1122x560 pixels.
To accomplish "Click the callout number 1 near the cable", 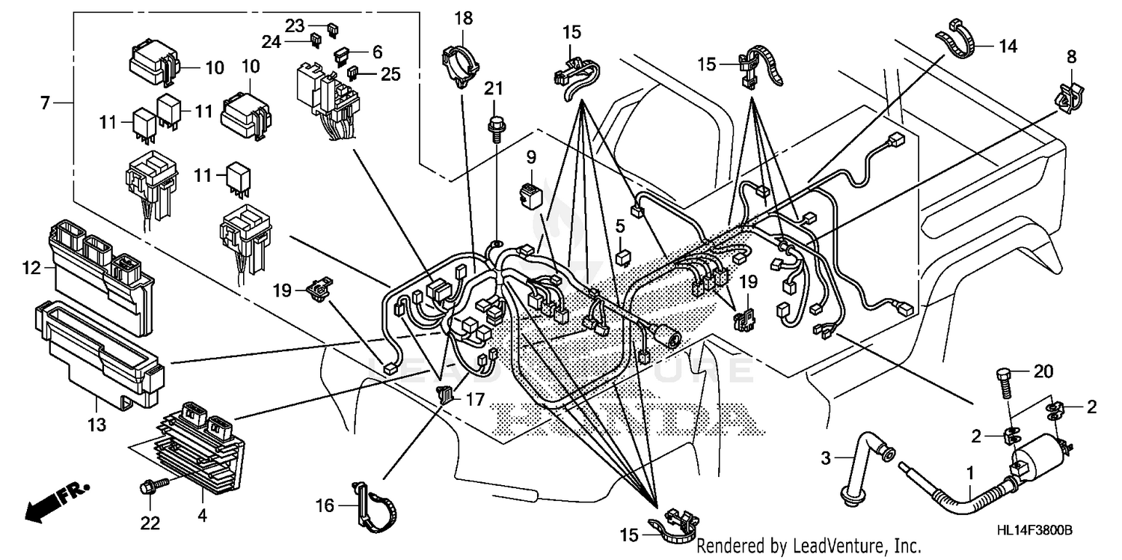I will [971, 472].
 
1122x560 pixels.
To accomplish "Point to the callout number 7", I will [46, 103].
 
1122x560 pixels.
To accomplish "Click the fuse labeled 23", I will [332, 29].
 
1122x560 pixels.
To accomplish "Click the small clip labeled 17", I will [446, 393].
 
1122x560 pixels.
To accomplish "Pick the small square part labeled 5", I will [621, 258].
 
